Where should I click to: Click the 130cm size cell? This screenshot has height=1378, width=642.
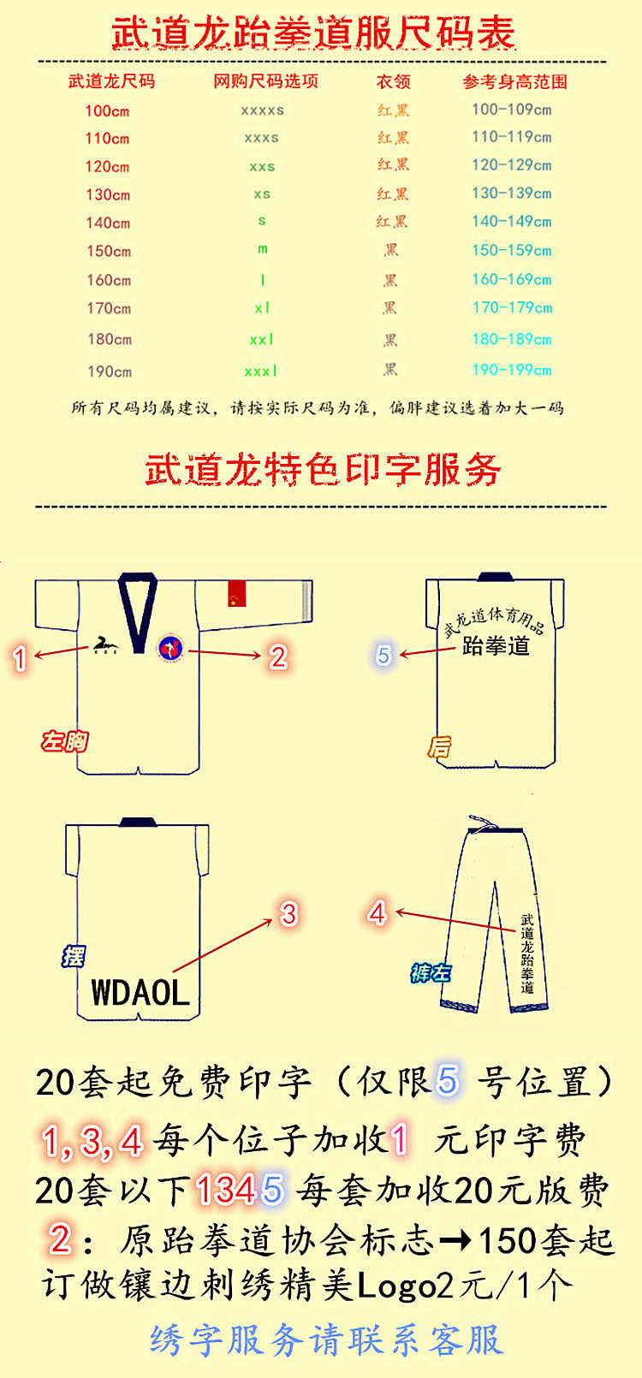point(108,194)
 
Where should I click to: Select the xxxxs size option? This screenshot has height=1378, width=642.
point(262,110)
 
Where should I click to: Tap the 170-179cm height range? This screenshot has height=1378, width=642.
point(512,307)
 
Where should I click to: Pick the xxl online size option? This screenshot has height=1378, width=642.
point(262,340)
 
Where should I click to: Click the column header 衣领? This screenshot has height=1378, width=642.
point(393,81)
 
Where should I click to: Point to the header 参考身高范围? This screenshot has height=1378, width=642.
point(514,81)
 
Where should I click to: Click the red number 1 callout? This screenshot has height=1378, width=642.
point(21,657)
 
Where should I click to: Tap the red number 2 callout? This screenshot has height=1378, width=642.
point(277,656)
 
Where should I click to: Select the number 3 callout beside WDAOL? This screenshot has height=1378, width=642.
point(288,913)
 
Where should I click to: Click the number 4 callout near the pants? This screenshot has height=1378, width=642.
point(377,912)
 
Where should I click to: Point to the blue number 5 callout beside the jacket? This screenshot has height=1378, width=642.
point(383,655)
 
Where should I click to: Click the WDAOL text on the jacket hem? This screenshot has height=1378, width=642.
point(140,993)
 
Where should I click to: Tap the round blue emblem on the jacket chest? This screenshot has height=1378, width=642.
point(170,648)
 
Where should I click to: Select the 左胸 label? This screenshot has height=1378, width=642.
point(65,740)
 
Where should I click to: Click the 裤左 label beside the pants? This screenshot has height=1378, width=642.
point(430,972)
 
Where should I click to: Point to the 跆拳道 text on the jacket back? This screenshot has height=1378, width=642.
point(496,645)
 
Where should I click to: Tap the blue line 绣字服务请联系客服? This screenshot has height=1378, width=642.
point(326,1339)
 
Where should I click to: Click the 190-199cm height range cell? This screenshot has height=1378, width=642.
point(512,370)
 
